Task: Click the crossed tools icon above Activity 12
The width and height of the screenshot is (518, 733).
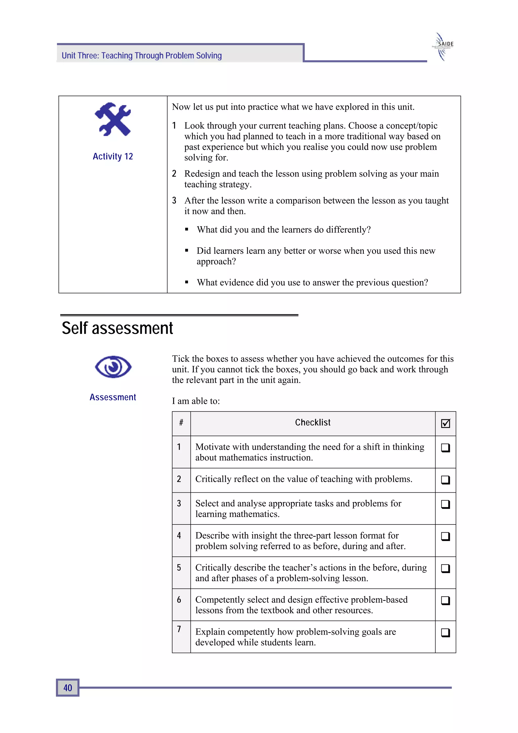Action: click(113, 119)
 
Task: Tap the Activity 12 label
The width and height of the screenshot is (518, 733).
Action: click(113, 156)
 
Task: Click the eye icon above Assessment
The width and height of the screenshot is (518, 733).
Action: click(113, 367)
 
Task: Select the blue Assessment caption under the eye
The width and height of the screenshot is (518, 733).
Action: click(113, 397)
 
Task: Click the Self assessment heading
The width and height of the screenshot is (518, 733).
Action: click(117, 328)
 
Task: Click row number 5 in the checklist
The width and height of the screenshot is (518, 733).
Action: click(179, 568)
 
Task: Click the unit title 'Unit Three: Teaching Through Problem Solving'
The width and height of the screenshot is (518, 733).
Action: click(142, 56)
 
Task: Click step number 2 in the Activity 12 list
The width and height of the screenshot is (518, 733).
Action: click(174, 174)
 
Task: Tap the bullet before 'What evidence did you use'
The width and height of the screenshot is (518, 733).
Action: click(187, 282)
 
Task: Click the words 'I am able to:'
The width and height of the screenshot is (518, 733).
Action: click(196, 401)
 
